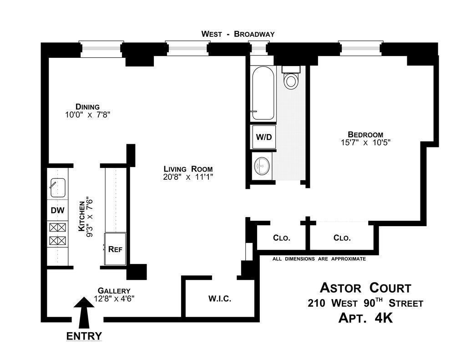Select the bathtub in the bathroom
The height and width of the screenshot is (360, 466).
click(x=263, y=93)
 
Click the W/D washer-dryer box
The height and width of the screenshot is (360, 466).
click(x=263, y=136)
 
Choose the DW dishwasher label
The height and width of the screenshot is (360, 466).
click(x=58, y=211)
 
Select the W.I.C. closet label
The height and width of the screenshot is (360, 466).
click(x=220, y=299)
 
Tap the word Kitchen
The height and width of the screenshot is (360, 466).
click(x=82, y=217)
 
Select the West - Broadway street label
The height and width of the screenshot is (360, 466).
click(x=238, y=34)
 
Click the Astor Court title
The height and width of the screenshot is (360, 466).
click(x=365, y=288)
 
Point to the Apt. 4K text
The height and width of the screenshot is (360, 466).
click(x=365, y=318)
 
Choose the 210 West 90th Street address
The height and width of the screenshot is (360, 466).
click(x=365, y=303)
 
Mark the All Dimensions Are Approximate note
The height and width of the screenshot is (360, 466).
click(x=319, y=259)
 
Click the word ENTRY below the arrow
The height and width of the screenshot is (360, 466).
click(x=84, y=336)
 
